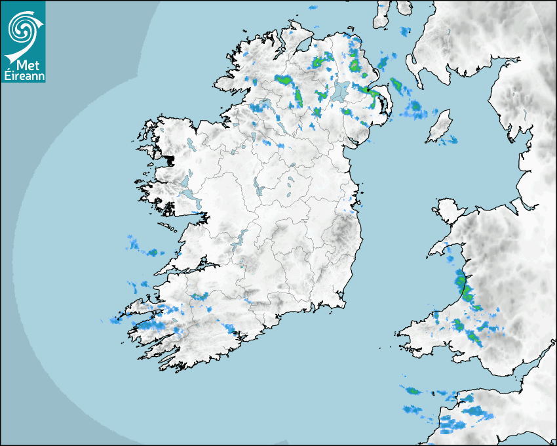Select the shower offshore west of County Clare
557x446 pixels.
[152, 252]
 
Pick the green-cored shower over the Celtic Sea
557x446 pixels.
[413, 392]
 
